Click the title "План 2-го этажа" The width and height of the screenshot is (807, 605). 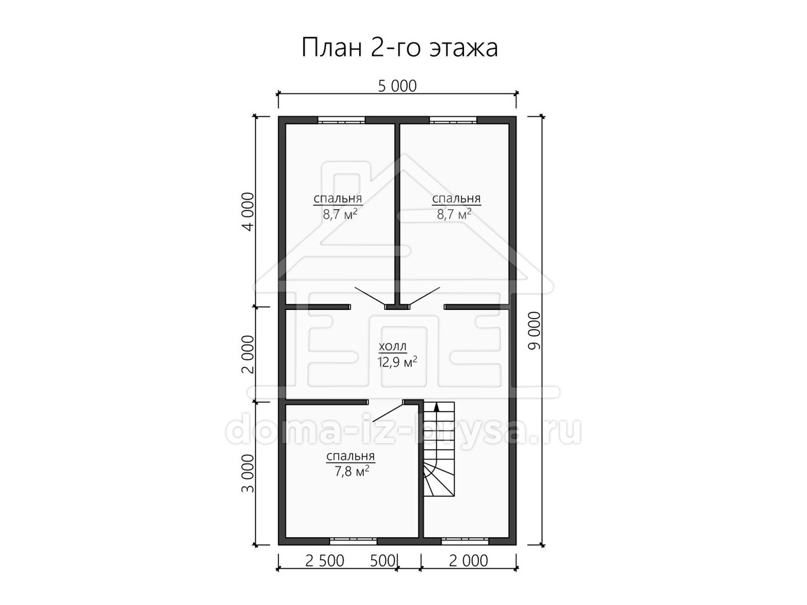click(x=399, y=48)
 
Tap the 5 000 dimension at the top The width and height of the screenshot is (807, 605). click(x=397, y=86)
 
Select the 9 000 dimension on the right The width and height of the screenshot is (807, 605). click(x=535, y=331)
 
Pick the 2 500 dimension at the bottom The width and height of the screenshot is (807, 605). click(x=325, y=561)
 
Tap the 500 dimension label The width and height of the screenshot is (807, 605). click(x=382, y=561)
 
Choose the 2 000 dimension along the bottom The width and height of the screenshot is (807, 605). click(x=468, y=561)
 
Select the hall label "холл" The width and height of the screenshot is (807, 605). click(x=393, y=346)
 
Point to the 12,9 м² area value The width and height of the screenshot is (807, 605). click(x=397, y=362)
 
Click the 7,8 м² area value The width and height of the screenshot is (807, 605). click(x=352, y=471)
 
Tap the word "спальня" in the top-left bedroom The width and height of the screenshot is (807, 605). click(x=338, y=199)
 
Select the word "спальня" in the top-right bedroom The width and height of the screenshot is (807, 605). click(x=456, y=199)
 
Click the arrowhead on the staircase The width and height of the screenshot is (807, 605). click(x=436, y=406)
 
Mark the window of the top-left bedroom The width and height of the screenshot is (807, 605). click(x=342, y=120)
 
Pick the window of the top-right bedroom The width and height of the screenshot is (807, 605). click(x=453, y=120)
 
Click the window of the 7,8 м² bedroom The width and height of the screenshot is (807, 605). click(x=353, y=541)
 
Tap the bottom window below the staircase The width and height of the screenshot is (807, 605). click(x=465, y=541)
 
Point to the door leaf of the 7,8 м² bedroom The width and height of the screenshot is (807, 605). click(x=388, y=413)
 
